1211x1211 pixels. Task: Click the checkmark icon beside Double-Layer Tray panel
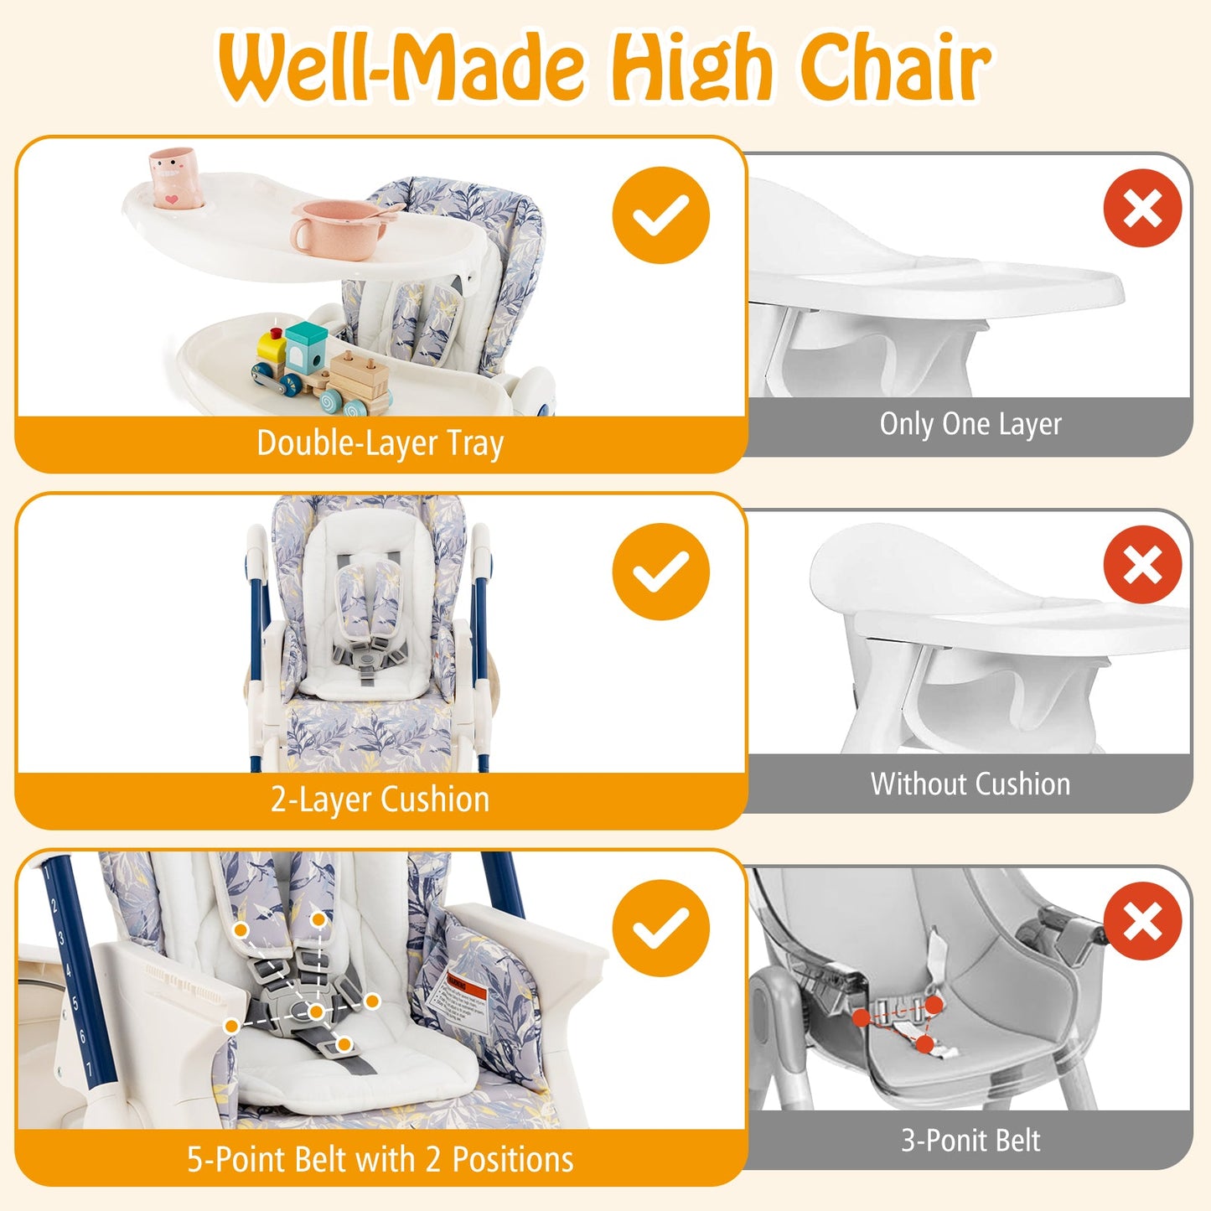[660, 215]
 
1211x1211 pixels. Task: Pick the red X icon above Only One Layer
[1142, 208]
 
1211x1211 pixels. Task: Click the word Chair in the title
[895, 67]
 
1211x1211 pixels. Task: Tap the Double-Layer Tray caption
[380, 443]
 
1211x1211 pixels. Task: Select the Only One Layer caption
[970, 424]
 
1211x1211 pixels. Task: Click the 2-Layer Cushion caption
[380, 800]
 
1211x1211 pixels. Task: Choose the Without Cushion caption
[970, 784]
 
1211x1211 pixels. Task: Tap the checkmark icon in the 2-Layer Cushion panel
[660, 572]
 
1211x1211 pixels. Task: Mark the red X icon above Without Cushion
[1142, 564]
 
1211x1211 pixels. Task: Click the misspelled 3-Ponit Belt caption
[970, 1141]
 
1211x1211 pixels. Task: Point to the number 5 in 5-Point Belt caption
[195, 1160]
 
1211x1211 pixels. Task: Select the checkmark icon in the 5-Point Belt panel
[660, 929]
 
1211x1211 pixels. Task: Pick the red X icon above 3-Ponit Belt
[1142, 921]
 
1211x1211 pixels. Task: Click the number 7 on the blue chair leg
[90, 1069]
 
